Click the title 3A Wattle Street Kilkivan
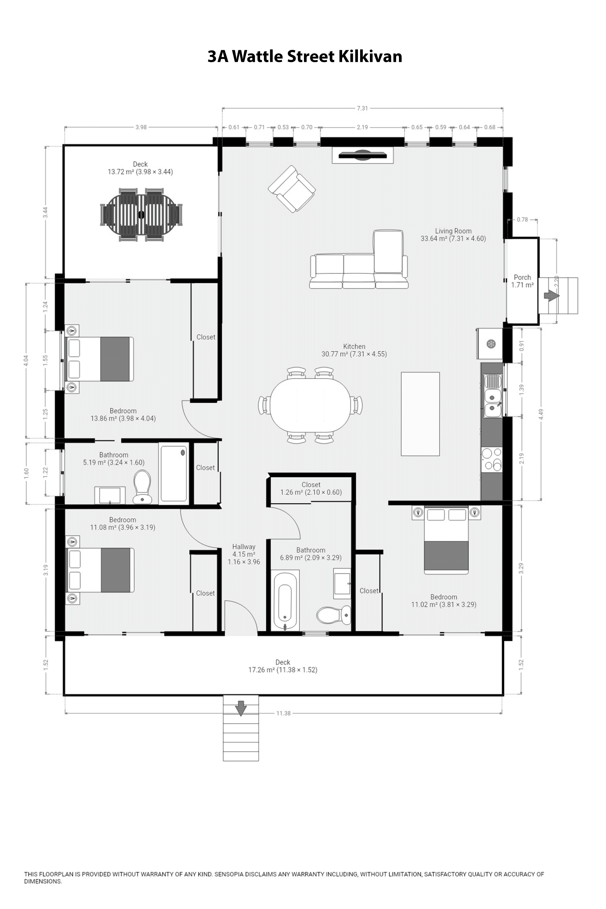pos(305,56)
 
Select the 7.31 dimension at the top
pos(362,108)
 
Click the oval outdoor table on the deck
pos(141,215)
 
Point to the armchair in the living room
pos(292,189)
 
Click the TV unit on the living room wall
pos(363,155)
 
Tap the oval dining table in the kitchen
pos(310,405)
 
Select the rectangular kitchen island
pos(420,414)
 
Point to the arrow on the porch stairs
pos(551,296)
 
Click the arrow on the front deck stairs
pos(241,708)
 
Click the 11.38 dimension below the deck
pos(283,713)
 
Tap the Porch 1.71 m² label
pos(522,281)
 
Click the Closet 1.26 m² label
pos(311,488)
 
